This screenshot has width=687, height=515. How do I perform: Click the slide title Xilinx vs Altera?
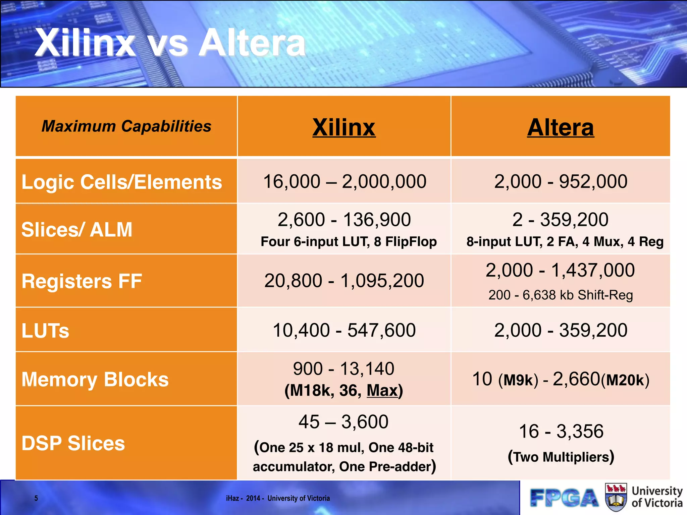click(x=170, y=43)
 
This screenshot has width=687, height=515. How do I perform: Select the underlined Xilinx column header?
click(x=344, y=127)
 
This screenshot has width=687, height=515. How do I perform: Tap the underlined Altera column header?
click(x=560, y=127)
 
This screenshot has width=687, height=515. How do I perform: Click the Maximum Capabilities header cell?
click(x=126, y=126)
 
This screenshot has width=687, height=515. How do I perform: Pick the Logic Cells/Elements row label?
click(x=121, y=182)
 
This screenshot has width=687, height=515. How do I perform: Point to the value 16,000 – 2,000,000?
click(x=345, y=181)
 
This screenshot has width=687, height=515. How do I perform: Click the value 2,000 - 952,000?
click(x=561, y=181)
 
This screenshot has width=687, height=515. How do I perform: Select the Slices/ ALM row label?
click(x=77, y=230)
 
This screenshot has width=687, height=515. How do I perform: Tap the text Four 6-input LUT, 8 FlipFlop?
click(x=349, y=241)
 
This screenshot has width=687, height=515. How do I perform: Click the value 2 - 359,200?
click(x=560, y=220)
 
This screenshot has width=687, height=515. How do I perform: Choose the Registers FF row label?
click(x=82, y=281)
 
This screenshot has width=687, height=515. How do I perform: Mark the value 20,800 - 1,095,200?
click(x=344, y=281)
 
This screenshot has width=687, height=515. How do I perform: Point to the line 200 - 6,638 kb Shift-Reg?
click(x=561, y=295)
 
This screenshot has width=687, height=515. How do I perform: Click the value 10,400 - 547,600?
click(x=344, y=330)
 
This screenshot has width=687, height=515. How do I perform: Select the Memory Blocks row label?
click(x=95, y=380)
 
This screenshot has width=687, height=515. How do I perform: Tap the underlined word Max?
click(x=382, y=391)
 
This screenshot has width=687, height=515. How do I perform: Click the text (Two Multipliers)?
click(x=561, y=457)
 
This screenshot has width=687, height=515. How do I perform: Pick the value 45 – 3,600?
click(x=343, y=422)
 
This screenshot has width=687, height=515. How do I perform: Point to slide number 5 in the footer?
click(x=36, y=498)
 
